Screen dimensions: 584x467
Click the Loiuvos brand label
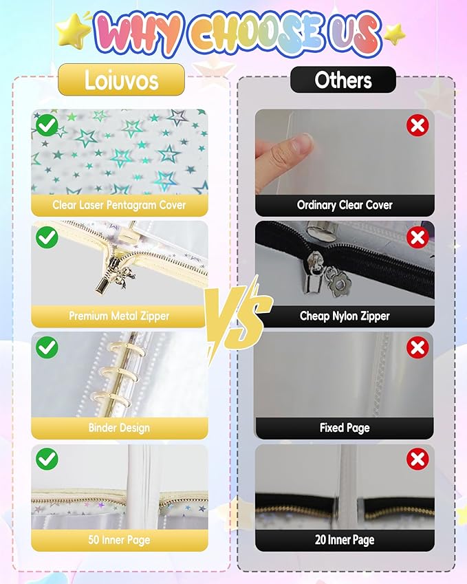click(x=120, y=80)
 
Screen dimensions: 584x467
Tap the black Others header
click(x=343, y=80)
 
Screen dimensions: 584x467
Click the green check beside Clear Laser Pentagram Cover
click(x=47, y=125)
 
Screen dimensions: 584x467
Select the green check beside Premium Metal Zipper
click(x=47, y=237)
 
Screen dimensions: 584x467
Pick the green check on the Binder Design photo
click(x=47, y=348)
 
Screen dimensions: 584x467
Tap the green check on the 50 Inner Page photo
click(x=47, y=459)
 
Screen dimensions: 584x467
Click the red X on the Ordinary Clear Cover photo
click(x=417, y=125)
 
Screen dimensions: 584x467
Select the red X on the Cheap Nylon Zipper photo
click(x=417, y=237)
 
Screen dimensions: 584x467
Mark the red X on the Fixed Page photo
click(x=417, y=348)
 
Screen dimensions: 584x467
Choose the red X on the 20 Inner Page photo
click(x=417, y=459)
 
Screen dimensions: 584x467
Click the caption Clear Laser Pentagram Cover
click(x=119, y=205)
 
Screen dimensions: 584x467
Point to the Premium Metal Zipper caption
click(x=119, y=316)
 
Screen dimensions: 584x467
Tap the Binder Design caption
click(x=119, y=428)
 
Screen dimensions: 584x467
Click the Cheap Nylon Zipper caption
click(x=345, y=316)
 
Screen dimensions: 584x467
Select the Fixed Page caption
click(x=345, y=428)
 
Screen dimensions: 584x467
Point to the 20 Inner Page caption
click(x=345, y=540)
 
